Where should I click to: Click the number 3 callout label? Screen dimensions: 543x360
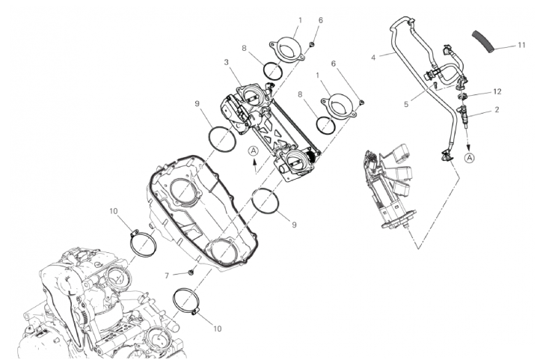[x=226, y=62]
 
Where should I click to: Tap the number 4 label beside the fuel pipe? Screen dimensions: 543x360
[x=373, y=58]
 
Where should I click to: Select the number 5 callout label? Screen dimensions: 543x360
[x=406, y=104]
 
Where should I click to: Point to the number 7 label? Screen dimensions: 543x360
[x=167, y=275]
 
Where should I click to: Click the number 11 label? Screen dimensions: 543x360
[x=521, y=45]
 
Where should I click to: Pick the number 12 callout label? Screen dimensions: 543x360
[x=497, y=92]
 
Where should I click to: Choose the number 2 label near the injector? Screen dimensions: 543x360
[x=497, y=110]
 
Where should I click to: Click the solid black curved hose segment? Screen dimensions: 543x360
[x=482, y=42]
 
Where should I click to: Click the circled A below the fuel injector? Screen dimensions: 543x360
[x=470, y=158]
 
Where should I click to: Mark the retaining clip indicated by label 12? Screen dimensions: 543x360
[x=464, y=95]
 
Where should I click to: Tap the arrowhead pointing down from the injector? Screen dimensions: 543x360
[x=467, y=147]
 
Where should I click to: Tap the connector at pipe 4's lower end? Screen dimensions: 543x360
[x=445, y=156]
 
